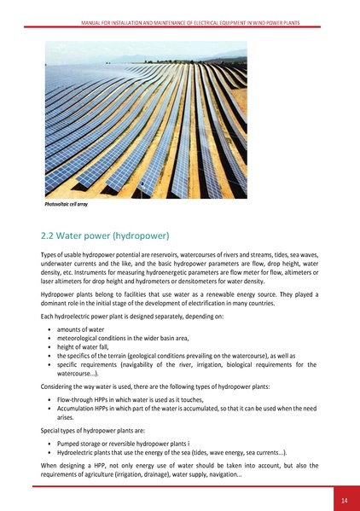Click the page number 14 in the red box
(x=344, y=499)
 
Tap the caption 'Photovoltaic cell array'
(x=66, y=206)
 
